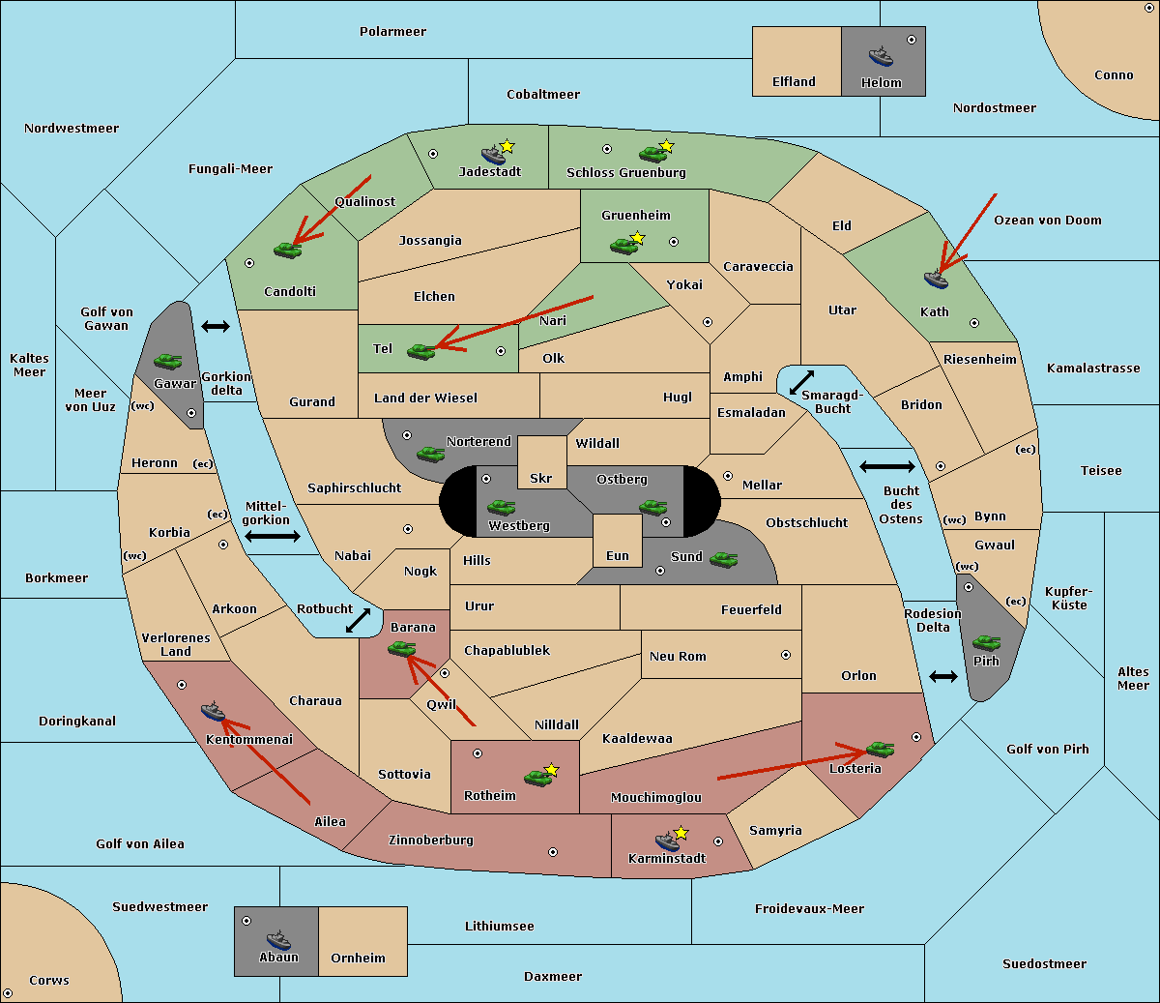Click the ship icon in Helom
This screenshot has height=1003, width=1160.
point(881,56)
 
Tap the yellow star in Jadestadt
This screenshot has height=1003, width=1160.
point(507,146)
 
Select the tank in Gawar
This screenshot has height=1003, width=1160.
point(168,361)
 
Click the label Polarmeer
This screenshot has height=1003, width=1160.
point(392,32)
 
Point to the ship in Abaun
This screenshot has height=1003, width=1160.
point(278,939)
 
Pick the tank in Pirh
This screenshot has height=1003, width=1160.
point(986,642)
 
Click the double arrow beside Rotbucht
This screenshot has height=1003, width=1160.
point(358,620)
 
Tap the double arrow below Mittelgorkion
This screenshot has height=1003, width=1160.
point(273,536)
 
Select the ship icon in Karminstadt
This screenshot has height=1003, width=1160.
point(667,841)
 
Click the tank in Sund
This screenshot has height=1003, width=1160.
point(723,559)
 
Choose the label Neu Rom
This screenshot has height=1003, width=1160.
point(678,656)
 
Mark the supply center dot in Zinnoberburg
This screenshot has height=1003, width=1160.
point(553,852)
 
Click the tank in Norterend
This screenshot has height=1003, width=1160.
point(430,454)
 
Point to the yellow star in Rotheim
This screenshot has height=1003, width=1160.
point(552,769)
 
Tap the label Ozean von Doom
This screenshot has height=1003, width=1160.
point(1047,221)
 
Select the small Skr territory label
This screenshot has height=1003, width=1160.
point(541,478)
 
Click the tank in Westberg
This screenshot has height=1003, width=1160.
point(501,507)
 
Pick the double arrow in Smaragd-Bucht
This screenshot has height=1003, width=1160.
point(801,382)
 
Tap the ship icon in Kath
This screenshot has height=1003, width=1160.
point(936,280)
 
